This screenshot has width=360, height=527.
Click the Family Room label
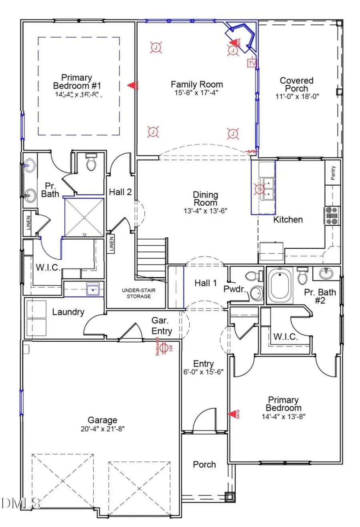pyautogui.click(x=197, y=84)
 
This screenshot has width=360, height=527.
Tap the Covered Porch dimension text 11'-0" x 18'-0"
pyautogui.click(x=296, y=96)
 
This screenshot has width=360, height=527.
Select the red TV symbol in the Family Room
pyautogui.click(x=252, y=63)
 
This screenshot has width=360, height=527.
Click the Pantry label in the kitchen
pyautogui.click(x=333, y=173)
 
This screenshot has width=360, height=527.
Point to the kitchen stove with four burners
pyautogui.click(x=332, y=215)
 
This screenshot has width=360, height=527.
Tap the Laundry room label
pyautogui.click(x=68, y=312)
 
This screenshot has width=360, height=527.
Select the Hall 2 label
pyautogui.click(x=120, y=192)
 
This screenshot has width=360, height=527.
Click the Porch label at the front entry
pyautogui.click(x=204, y=465)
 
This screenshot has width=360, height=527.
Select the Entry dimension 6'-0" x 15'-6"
pyautogui.click(x=203, y=372)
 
